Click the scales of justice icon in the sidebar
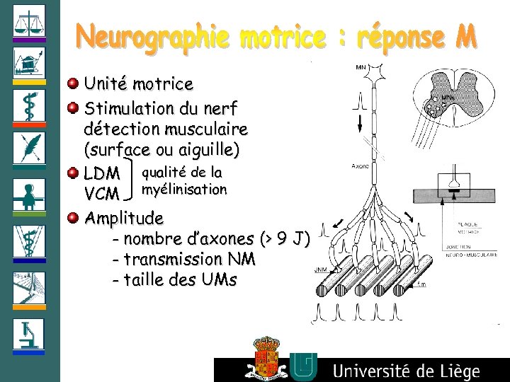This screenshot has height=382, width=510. tap(29, 21)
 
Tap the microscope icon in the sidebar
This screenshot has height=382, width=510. tap(29, 333)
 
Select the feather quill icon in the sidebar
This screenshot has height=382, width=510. tap(29, 149)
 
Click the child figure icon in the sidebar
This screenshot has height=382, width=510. tap(29, 195)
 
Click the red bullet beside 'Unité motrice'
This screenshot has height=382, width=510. tap(73, 84)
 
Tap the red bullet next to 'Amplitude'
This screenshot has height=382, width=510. tap(73, 217)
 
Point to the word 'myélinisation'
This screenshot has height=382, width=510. tap(184, 190)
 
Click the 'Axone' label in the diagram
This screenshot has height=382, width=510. tap(361, 166)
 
